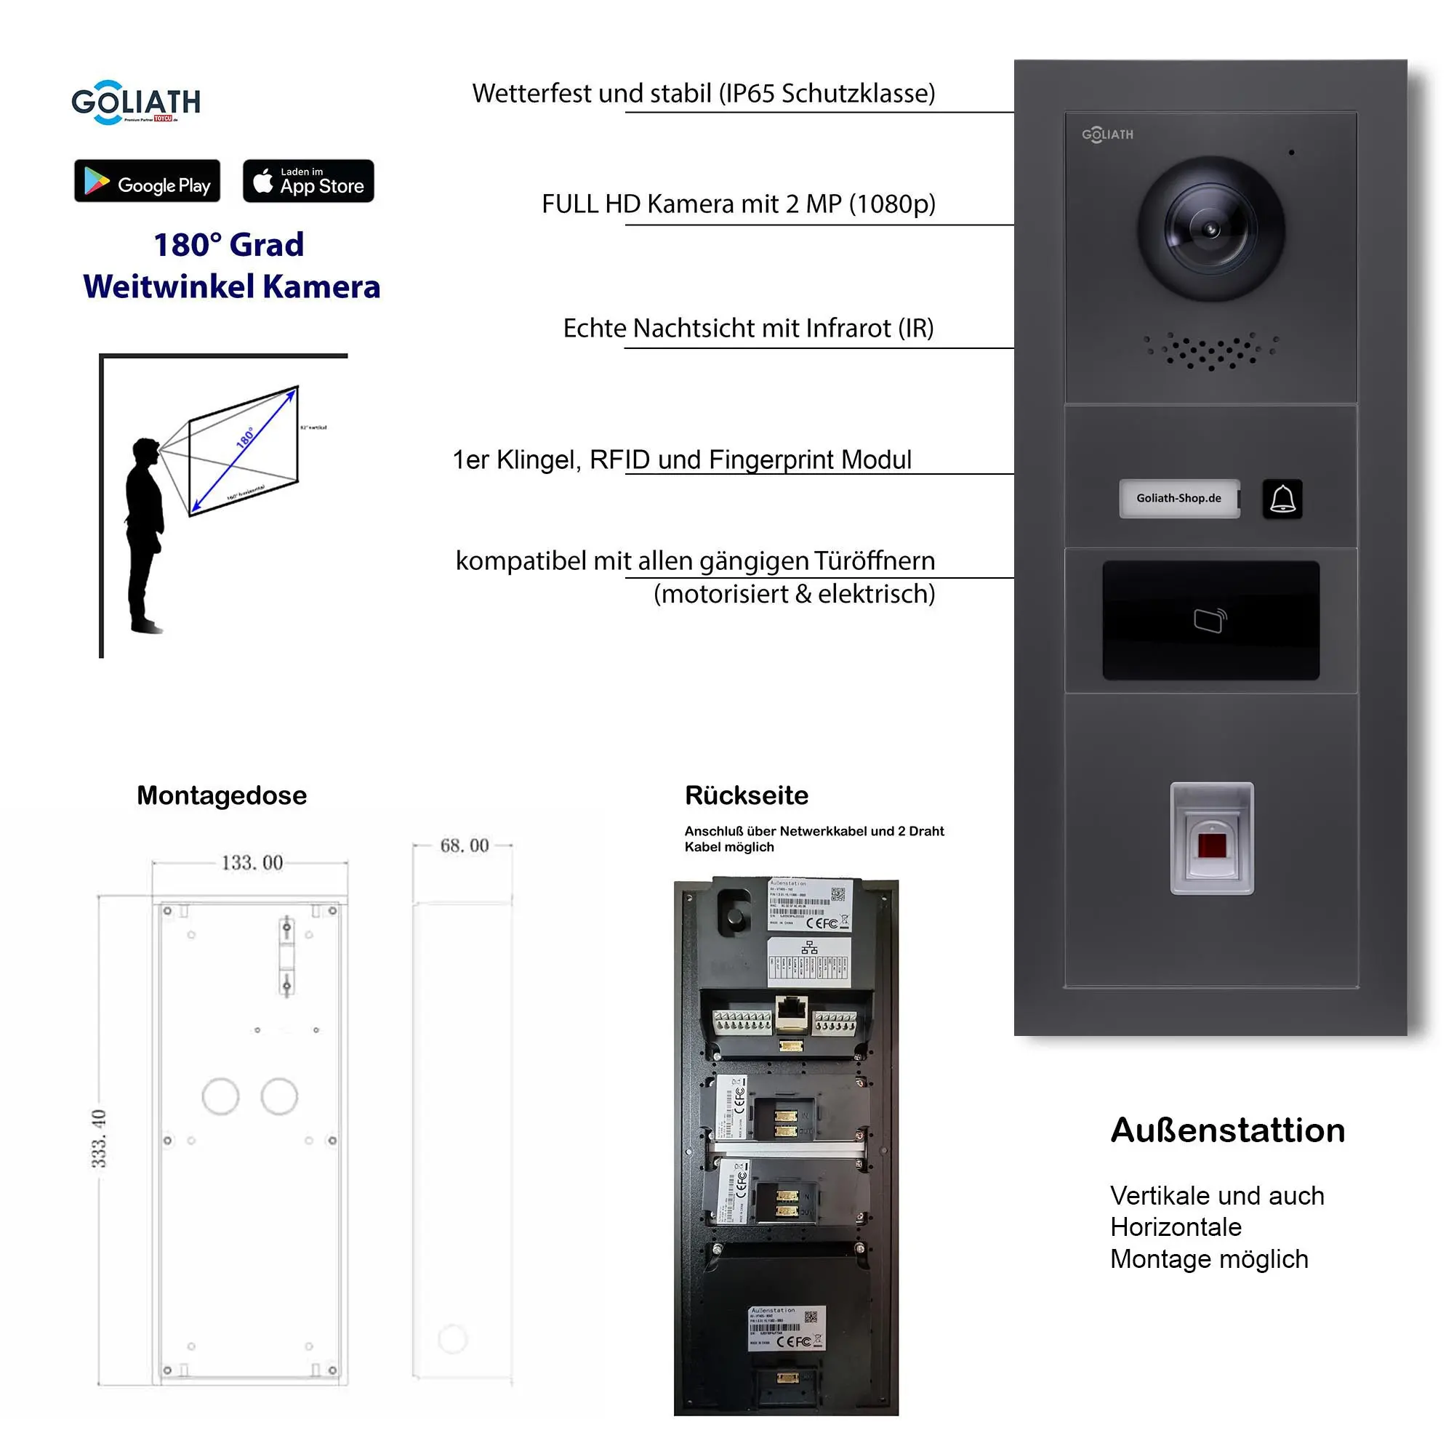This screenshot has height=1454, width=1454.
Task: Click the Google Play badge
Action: pos(147,180)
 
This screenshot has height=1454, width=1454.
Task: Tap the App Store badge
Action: pos(308,180)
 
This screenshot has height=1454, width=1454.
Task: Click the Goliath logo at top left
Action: pos(135,102)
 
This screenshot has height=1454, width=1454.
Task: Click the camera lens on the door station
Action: pos(1210,229)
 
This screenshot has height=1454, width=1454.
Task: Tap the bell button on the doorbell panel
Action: pos(1282,498)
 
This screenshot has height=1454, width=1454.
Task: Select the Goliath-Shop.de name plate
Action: pos(1178,498)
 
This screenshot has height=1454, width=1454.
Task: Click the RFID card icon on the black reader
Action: pos(1210,620)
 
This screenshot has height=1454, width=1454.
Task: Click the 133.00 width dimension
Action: pos(252,862)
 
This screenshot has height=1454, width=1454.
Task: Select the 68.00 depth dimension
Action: pos(465,846)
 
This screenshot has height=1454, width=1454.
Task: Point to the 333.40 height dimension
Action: pos(100,1138)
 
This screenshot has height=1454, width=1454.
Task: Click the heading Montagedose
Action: pos(221,795)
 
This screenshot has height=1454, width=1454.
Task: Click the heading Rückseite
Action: pos(746,795)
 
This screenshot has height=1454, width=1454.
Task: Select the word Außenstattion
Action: pos(1227,1130)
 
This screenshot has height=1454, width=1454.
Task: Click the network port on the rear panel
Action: pos(791,1010)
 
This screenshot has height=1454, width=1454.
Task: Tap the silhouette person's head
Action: pos(145,451)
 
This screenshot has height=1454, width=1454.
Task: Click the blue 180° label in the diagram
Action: pos(245,437)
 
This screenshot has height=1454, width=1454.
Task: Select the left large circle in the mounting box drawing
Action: pos(220,1096)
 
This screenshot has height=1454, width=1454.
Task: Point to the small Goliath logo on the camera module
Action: pos(1107,134)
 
